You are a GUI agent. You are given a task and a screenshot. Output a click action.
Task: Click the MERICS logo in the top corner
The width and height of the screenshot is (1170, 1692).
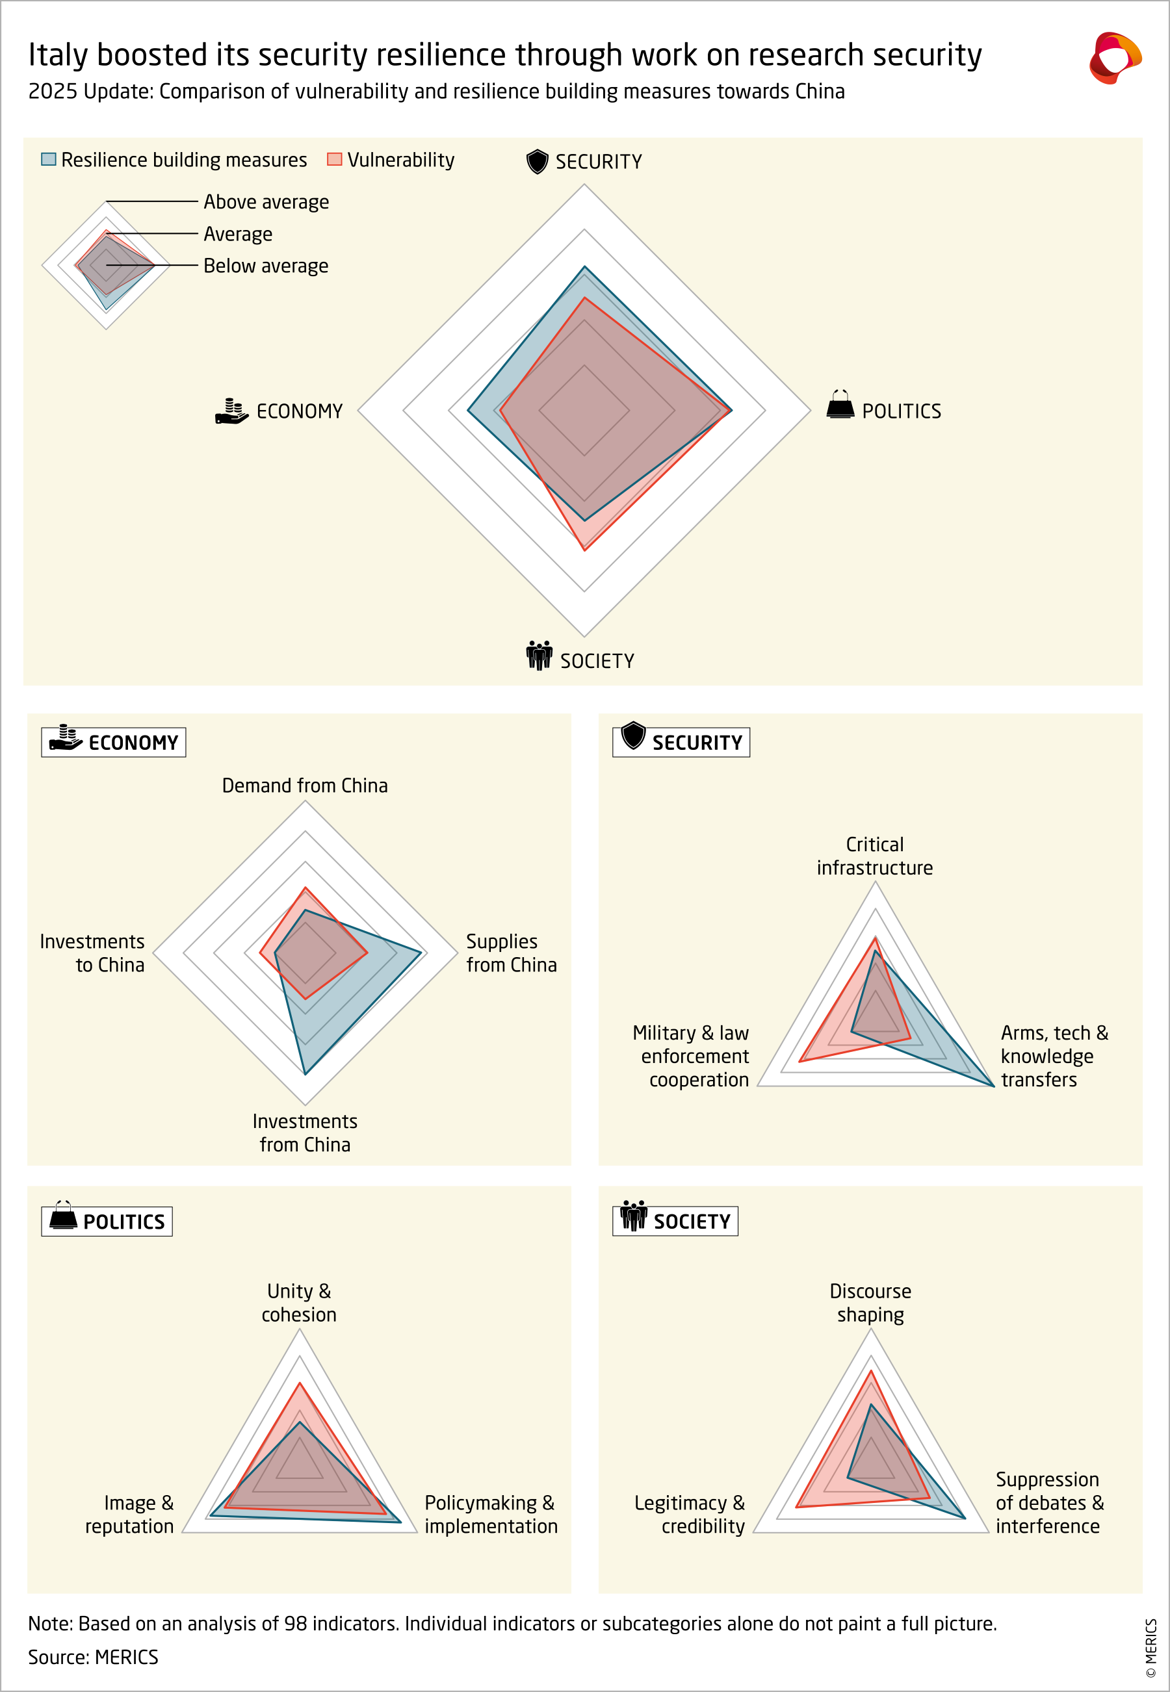[x=1114, y=58]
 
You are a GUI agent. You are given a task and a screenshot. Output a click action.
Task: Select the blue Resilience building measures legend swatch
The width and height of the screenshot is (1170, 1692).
[x=48, y=159]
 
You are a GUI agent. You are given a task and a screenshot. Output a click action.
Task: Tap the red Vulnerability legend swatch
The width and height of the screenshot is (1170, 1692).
[x=334, y=159]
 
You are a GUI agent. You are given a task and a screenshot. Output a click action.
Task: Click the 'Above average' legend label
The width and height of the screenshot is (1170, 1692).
[x=266, y=201]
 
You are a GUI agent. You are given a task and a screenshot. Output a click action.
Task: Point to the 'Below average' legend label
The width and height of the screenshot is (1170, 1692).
[x=265, y=266]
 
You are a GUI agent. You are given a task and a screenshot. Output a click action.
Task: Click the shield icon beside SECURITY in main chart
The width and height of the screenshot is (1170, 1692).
[x=538, y=161]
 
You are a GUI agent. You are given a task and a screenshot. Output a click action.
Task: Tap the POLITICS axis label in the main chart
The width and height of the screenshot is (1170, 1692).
[x=901, y=411]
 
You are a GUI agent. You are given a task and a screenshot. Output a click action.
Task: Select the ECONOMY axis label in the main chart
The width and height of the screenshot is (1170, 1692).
[x=299, y=411]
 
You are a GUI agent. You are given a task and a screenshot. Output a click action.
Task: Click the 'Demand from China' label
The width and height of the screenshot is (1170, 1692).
[x=305, y=786]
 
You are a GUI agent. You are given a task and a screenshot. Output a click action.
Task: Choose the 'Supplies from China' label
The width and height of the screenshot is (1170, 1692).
[x=511, y=953]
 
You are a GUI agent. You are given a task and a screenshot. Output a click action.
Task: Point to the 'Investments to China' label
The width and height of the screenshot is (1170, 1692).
[x=92, y=953]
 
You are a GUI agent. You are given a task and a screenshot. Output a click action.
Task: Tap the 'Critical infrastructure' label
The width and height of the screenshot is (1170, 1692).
[x=874, y=856]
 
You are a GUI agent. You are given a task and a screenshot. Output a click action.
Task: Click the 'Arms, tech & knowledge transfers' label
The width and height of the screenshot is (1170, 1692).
[x=1054, y=1056]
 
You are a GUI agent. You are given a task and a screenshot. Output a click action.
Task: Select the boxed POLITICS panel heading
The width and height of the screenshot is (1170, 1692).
[x=107, y=1222]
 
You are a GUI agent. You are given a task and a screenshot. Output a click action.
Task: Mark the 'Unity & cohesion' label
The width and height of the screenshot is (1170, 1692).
[x=299, y=1302]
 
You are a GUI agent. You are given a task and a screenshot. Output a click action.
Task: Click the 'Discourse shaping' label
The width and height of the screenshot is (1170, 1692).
[x=870, y=1302]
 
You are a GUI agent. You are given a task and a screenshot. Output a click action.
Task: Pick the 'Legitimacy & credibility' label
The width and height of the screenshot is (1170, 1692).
[x=690, y=1514]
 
